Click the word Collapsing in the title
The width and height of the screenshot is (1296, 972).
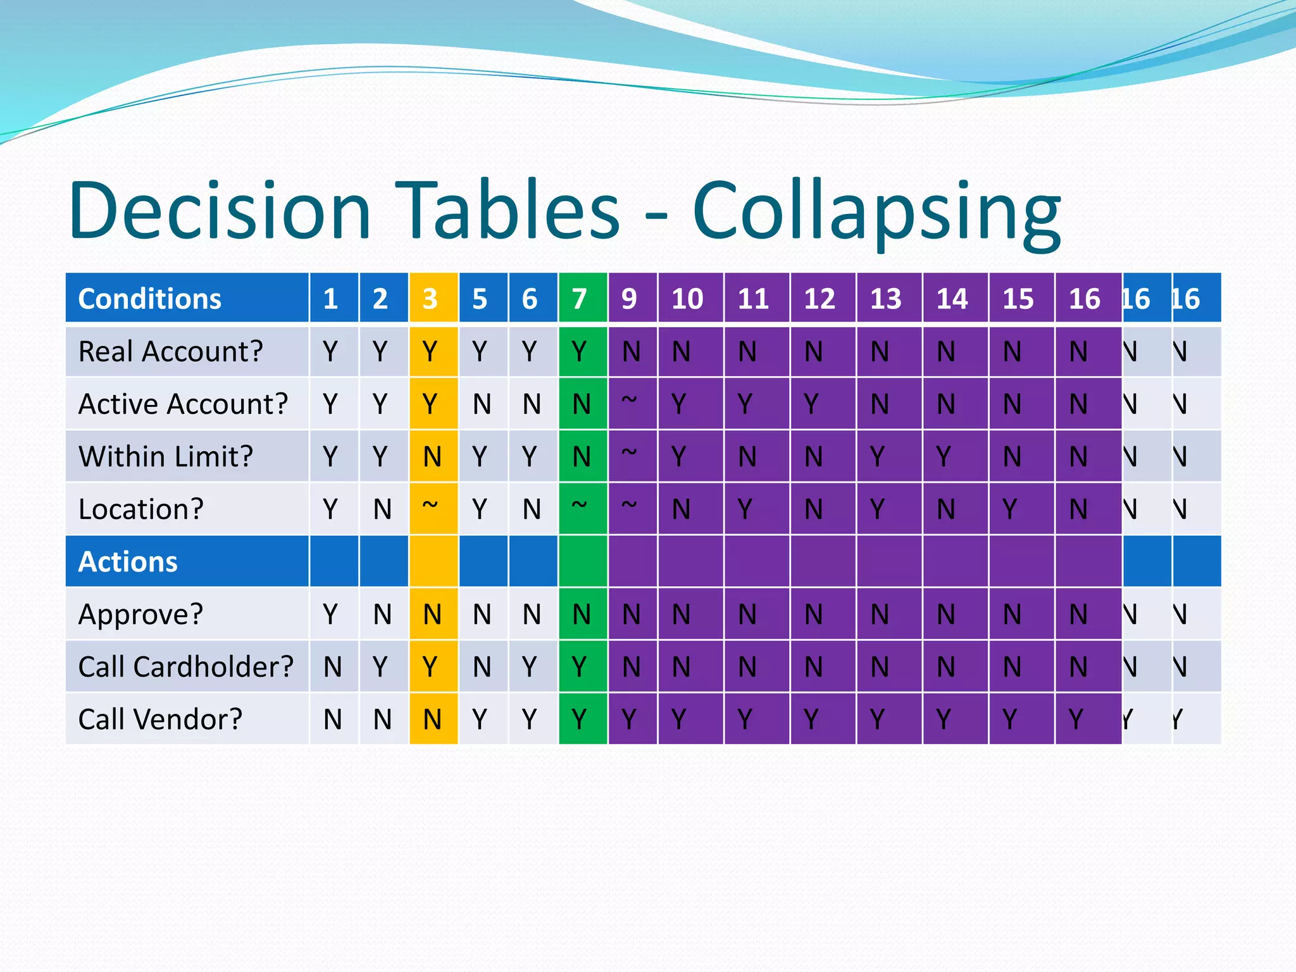click(x=876, y=212)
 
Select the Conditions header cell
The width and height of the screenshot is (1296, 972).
click(x=187, y=298)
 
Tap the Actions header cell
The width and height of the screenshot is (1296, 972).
click(x=187, y=561)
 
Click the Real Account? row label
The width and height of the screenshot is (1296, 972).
click(x=171, y=351)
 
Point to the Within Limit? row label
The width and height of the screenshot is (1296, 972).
click(x=166, y=456)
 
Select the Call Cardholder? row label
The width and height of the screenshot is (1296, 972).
click(x=186, y=666)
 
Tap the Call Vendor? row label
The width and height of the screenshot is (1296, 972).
click(x=161, y=719)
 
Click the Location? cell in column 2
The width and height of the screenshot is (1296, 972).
click(x=382, y=509)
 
